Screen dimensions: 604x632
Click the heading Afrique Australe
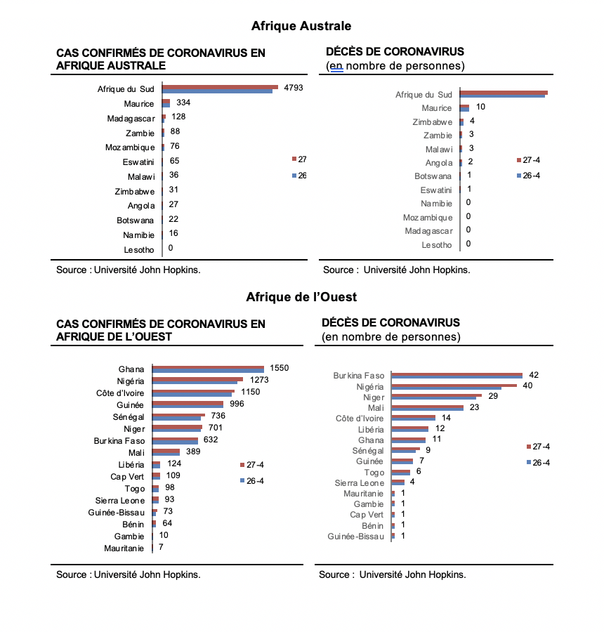click(x=301, y=26)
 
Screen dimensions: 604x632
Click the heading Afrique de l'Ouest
click(x=301, y=297)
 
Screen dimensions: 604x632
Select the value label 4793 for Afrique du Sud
click(x=293, y=88)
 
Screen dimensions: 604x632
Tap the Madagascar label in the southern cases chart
click(x=131, y=119)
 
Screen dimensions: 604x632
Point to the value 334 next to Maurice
click(x=183, y=103)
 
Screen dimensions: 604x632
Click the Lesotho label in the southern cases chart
click(x=138, y=250)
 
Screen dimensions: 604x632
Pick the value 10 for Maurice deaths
click(x=480, y=107)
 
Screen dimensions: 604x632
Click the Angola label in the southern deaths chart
click(x=439, y=163)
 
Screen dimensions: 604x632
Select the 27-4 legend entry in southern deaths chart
click(x=529, y=160)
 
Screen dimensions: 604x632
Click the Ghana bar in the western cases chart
click(x=208, y=369)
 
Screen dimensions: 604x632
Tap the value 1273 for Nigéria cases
click(x=259, y=380)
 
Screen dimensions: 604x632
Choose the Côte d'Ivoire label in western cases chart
click(x=120, y=393)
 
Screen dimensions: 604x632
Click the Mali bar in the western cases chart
click(x=166, y=453)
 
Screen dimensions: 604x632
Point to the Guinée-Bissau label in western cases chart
click(x=116, y=513)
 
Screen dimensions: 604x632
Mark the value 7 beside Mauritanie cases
click(x=161, y=547)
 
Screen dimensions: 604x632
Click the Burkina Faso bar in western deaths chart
click(x=457, y=376)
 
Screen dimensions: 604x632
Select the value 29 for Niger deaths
click(x=493, y=396)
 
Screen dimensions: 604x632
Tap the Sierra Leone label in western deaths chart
click(x=360, y=483)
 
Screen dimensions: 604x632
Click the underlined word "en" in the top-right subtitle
click(x=336, y=66)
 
